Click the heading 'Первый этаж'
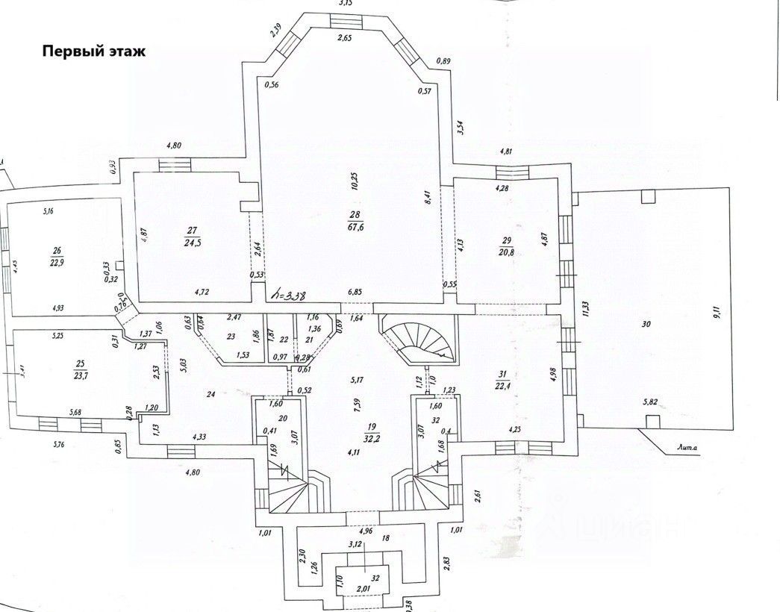point(94,52)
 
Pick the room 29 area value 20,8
point(507,251)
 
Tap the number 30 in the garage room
point(646,325)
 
